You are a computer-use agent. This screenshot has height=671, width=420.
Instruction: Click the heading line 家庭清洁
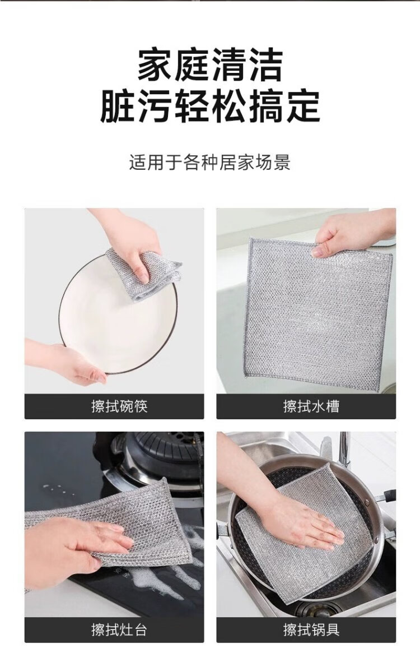point(210,66)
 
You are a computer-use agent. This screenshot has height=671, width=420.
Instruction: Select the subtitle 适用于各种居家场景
point(210,163)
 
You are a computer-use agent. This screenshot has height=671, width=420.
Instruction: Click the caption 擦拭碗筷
point(119,406)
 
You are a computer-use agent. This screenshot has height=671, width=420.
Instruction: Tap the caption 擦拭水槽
point(311,406)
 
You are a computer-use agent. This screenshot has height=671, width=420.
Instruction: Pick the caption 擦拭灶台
point(119,630)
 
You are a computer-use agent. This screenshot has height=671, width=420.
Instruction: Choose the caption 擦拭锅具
point(311,630)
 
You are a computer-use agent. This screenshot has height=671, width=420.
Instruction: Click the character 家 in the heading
point(155,66)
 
